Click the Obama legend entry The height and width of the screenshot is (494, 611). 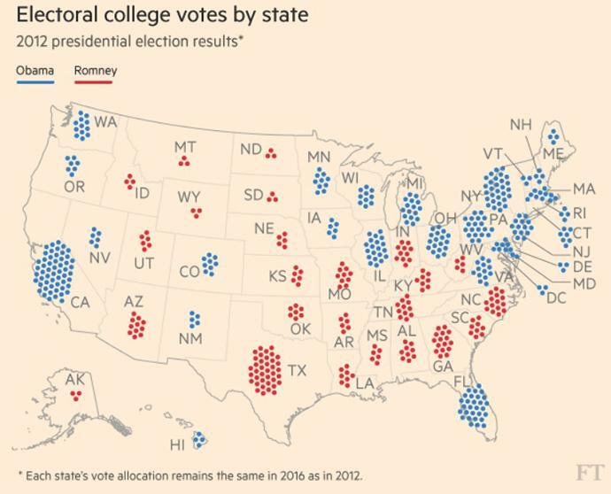click(x=35, y=71)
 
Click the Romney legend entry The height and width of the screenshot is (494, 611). click(x=95, y=71)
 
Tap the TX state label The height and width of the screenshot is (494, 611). click(x=297, y=371)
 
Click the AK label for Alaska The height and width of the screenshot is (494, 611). click(x=75, y=379)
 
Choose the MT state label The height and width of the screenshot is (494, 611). click(x=184, y=147)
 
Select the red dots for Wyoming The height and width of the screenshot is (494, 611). click(x=195, y=212)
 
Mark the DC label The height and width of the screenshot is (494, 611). click(x=555, y=298)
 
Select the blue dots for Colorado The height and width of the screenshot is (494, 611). click(x=210, y=263)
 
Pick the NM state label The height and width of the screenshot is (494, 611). click(x=190, y=339)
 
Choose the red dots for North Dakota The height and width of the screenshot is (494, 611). click(x=271, y=152)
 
